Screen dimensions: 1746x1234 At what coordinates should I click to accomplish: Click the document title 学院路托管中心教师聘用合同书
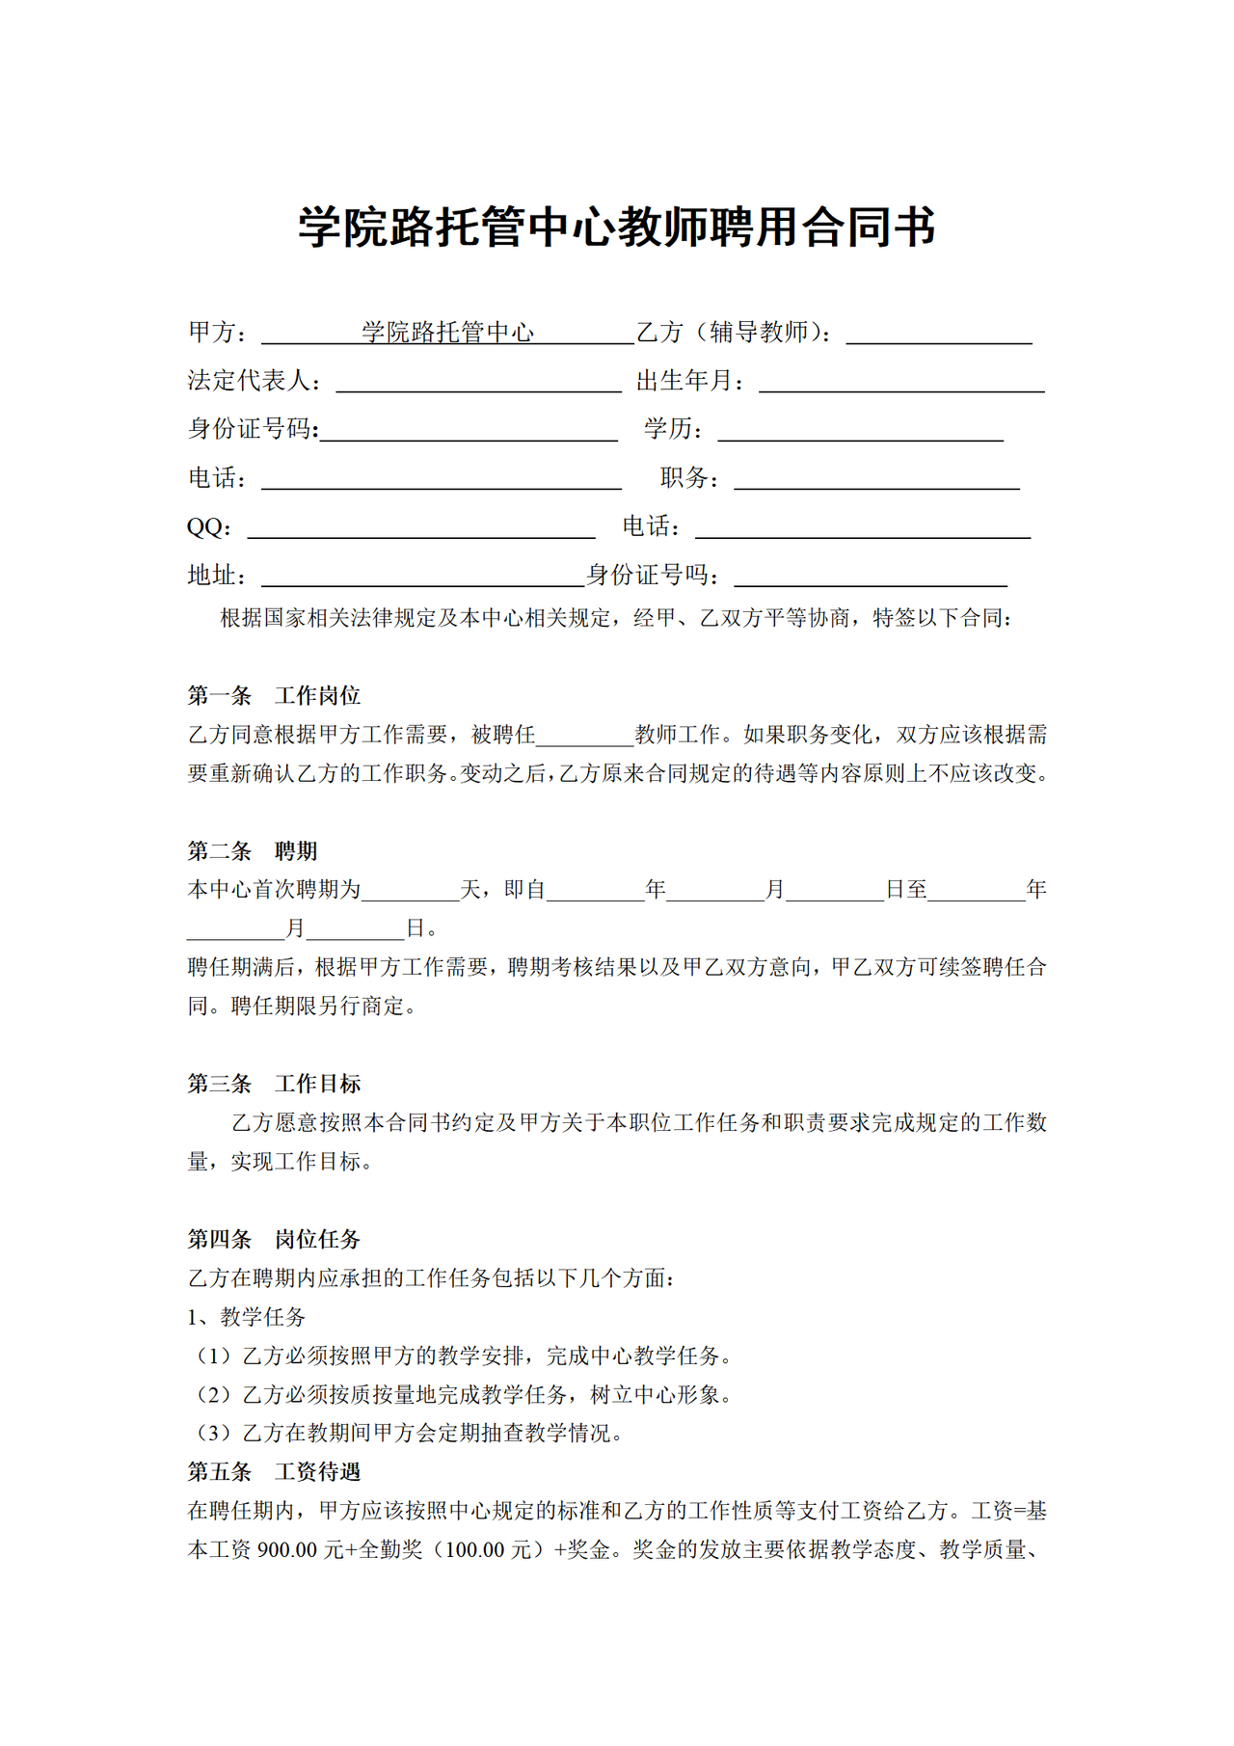(x=616, y=228)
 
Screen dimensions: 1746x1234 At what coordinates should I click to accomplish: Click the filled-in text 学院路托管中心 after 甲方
(x=447, y=333)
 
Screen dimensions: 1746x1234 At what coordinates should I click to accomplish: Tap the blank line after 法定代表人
(x=478, y=384)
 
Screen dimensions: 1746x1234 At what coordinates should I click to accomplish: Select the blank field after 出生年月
(x=901, y=384)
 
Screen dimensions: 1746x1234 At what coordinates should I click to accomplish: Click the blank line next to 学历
(x=860, y=433)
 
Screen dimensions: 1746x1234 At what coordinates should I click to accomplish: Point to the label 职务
(x=688, y=478)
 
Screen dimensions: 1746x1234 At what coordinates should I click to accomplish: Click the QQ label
(x=207, y=527)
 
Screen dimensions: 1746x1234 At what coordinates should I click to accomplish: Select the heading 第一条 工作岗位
(x=274, y=695)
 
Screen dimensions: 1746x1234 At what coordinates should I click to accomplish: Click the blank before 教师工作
(x=584, y=739)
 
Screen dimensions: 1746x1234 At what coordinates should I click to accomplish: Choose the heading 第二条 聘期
(x=252, y=850)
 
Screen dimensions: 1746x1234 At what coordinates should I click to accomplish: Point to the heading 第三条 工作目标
(x=274, y=1084)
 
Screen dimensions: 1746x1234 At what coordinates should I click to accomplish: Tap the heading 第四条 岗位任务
(x=274, y=1239)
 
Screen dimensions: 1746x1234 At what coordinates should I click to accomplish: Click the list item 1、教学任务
(x=246, y=1317)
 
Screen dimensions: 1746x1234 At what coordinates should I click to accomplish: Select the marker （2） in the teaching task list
(x=213, y=1394)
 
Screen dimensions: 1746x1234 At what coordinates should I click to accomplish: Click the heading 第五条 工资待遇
(x=274, y=1471)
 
